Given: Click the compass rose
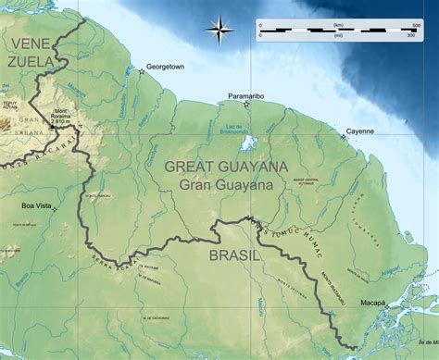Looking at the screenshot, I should click(x=219, y=31).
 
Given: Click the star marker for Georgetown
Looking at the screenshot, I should click(x=142, y=71).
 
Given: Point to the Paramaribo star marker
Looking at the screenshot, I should click(x=245, y=105).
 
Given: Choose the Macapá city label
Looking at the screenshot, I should click(x=374, y=302).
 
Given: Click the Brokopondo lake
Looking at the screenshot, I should click(x=247, y=143).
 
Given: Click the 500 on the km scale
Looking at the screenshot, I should click(x=408, y=22).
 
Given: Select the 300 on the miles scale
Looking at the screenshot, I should click(x=408, y=35).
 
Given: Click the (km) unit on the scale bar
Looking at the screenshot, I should click(x=334, y=22).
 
